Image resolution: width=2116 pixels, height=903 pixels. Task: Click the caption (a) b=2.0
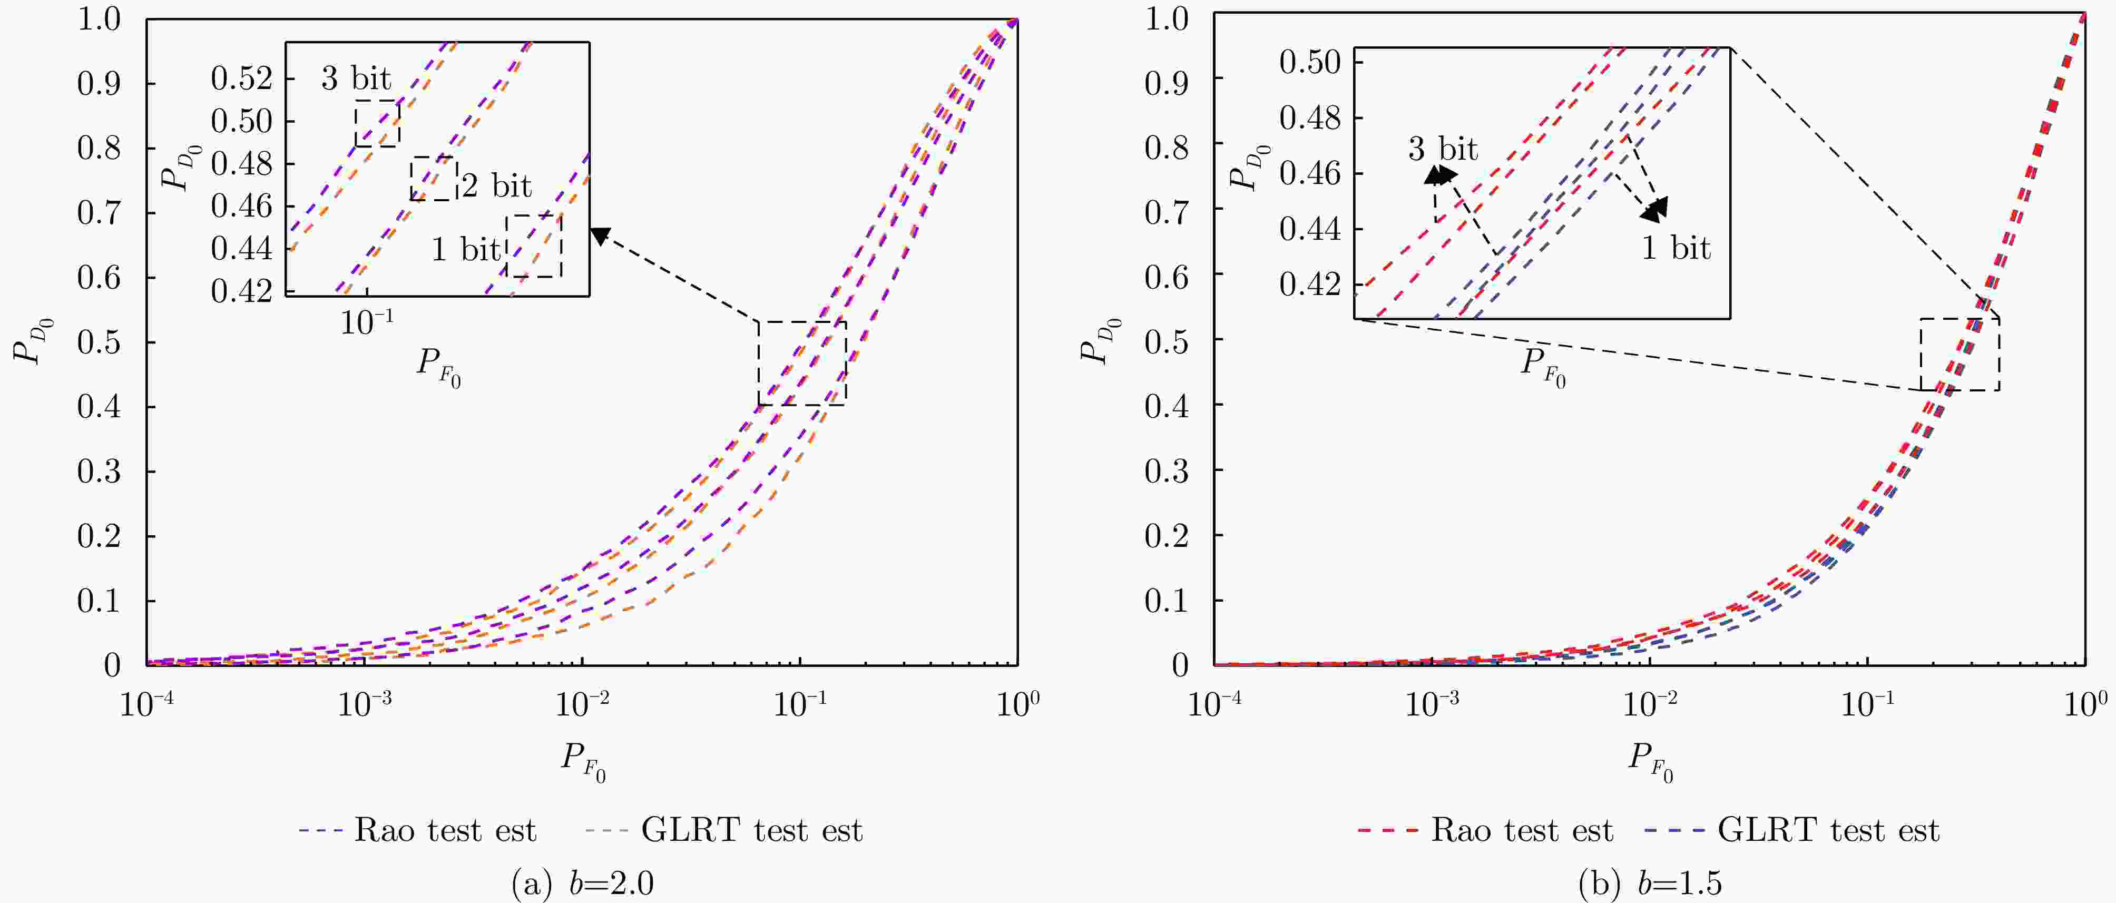click(x=582, y=884)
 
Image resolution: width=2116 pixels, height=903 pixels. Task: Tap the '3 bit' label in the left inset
click(x=356, y=79)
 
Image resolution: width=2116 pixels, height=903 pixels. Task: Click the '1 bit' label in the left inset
click(x=465, y=249)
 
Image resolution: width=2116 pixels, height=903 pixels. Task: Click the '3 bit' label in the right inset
click(x=1443, y=150)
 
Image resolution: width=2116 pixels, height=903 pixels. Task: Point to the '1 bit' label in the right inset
click(x=1675, y=248)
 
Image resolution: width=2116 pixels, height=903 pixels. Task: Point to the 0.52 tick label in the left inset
click(x=241, y=79)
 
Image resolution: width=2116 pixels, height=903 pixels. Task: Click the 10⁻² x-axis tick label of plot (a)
click(x=582, y=703)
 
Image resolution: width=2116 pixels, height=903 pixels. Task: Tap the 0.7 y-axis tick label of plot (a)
click(x=100, y=213)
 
